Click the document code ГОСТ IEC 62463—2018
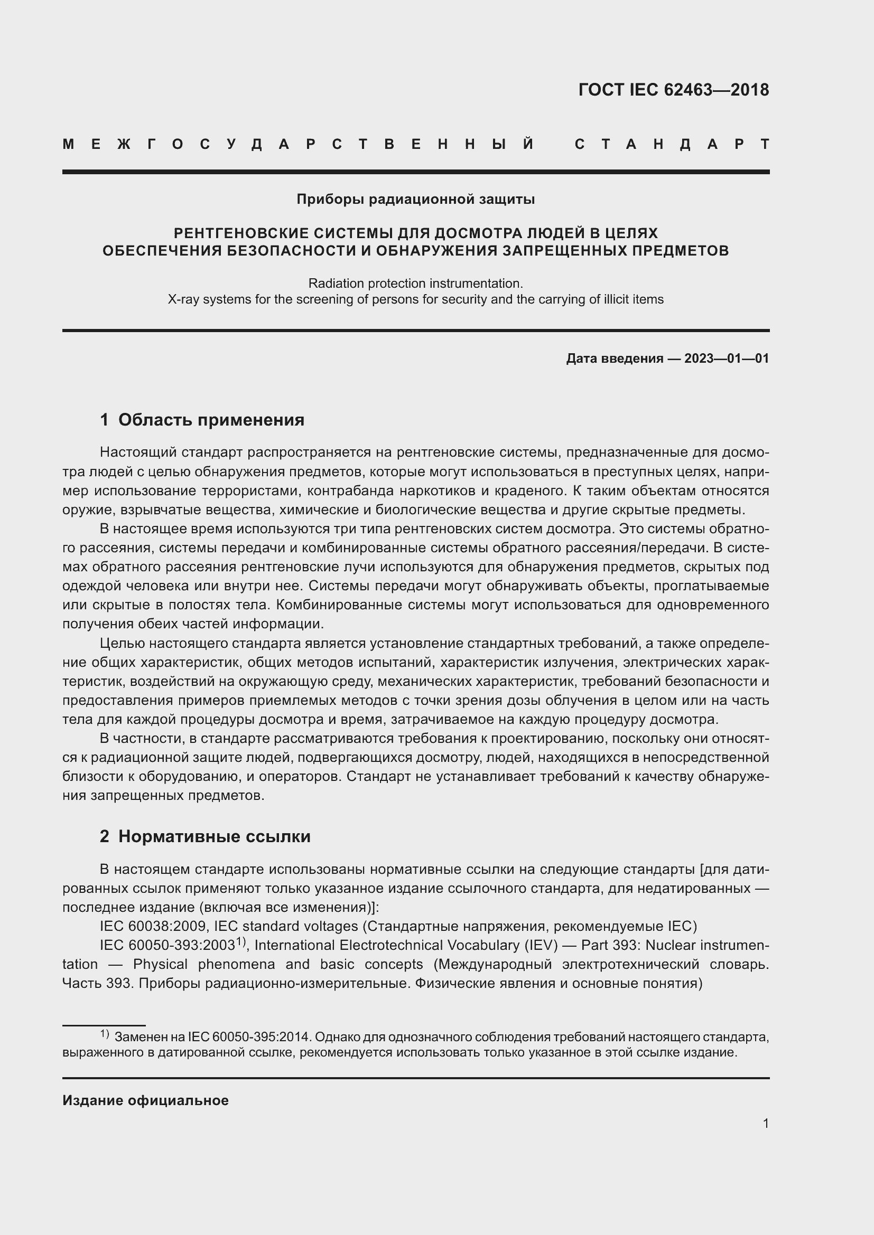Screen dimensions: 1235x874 (673, 90)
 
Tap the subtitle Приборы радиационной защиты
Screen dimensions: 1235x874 (415, 200)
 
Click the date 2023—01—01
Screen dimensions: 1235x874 (727, 358)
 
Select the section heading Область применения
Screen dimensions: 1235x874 (211, 420)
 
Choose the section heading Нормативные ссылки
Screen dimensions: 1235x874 (214, 836)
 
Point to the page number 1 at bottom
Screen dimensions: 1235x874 (765, 1123)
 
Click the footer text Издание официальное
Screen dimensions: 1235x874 (145, 1100)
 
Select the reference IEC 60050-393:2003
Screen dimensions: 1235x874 (168, 946)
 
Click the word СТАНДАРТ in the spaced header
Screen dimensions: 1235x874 (672, 145)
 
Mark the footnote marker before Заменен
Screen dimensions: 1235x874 (105, 1034)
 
